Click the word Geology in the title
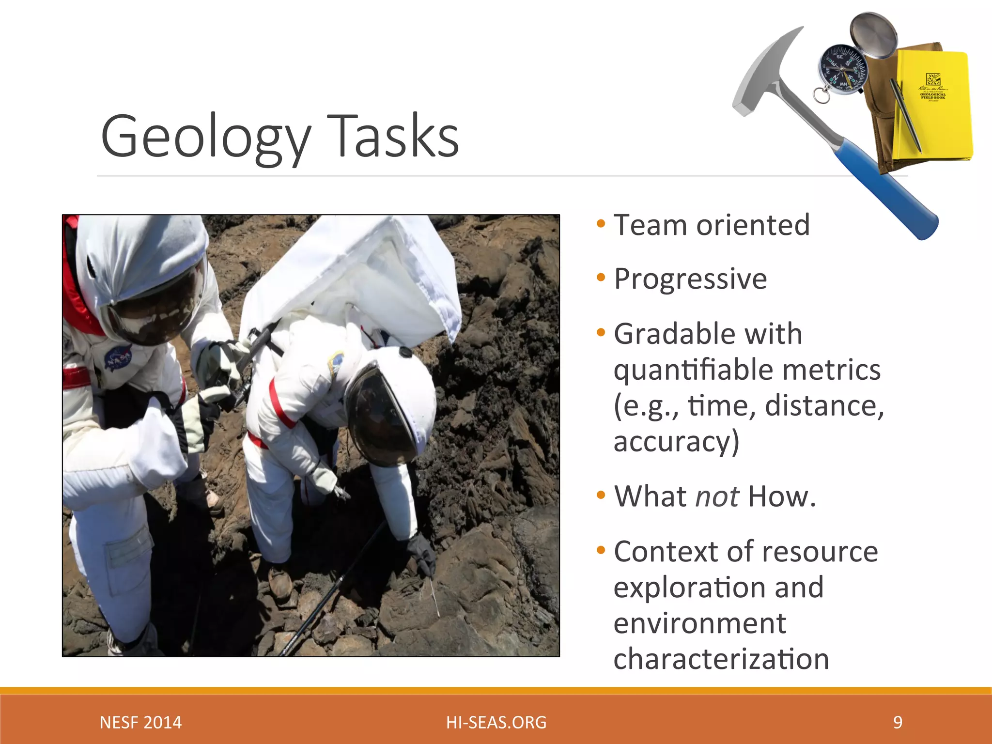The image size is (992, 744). [x=205, y=136]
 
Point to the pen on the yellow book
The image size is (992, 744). [x=905, y=116]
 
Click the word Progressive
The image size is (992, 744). [x=690, y=279]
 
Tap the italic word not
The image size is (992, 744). [x=717, y=496]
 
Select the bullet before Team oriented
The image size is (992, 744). [x=601, y=224]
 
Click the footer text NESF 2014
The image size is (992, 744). [x=140, y=722]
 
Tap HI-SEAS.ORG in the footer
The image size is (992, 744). [x=496, y=722]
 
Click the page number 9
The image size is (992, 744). [x=898, y=722]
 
